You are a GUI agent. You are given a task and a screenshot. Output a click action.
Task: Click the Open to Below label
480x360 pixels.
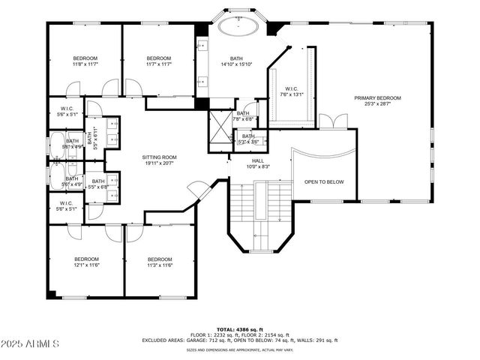[x=323, y=181]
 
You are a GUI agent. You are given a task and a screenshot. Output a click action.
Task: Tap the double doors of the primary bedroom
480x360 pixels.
[x=333, y=121]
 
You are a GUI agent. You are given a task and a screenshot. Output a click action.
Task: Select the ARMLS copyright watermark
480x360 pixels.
[x=31, y=343]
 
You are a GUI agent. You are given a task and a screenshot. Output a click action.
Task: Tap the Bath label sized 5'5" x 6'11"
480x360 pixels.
[x=90, y=138]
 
